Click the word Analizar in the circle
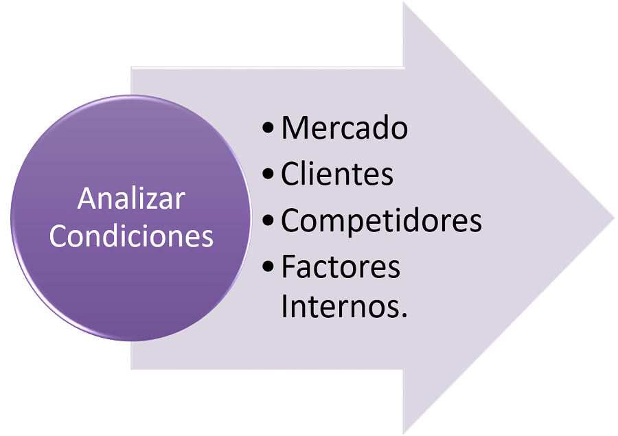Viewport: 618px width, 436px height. tap(131, 199)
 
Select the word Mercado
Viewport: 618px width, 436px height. tap(344, 128)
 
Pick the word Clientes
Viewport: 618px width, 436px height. tap(336, 174)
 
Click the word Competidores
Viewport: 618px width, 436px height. tap(381, 220)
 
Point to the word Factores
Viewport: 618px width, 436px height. tap(341, 266)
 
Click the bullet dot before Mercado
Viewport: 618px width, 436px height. tap(268, 129)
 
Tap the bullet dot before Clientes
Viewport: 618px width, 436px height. tap(268, 175)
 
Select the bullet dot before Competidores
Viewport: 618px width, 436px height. tap(268, 221)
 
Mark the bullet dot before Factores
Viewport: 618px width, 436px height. tap(268, 267)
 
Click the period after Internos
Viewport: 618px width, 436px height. tap(403, 315)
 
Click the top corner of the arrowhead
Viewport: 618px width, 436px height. tap(404, 3)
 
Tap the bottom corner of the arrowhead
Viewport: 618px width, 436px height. tap(404, 433)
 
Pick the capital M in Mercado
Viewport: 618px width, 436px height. tap(293, 128)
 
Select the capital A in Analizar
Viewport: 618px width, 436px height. tap(86, 199)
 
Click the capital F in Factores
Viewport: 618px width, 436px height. tap(288, 266)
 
